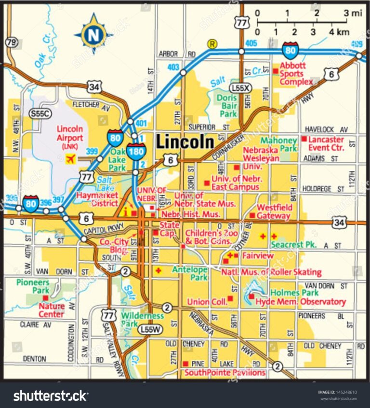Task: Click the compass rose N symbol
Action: pyautogui.click(x=92, y=34)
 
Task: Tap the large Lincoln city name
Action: pyautogui.click(x=185, y=142)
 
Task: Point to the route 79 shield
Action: pyautogui.click(x=11, y=42)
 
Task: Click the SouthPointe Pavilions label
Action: pyautogui.click(x=225, y=373)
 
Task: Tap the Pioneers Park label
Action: pyautogui.click(x=34, y=286)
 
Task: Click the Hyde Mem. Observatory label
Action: pyautogui.click(x=300, y=302)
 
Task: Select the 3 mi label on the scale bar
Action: pyautogui.click(x=353, y=14)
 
